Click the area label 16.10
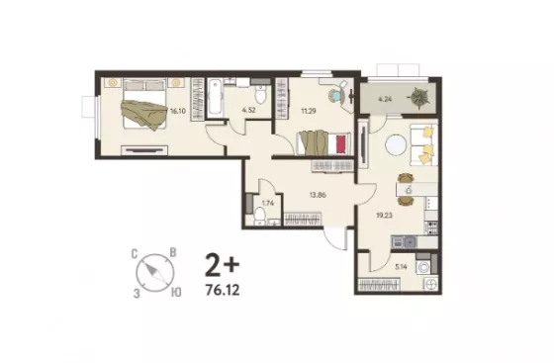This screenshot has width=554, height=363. point(178,111)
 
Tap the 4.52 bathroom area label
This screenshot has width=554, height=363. point(248,110)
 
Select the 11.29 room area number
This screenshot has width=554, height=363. point(309,111)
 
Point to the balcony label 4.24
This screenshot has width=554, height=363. point(385,99)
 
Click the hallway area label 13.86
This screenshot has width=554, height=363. point(318,195)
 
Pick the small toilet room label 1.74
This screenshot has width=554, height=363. point(267,203)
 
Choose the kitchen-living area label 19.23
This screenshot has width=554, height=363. point(385,215)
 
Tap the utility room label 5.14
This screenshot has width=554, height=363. point(401,267)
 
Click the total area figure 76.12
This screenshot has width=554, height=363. point(223,290)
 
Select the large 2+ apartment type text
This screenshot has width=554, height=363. point(223,265)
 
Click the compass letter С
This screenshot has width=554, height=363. point(135,254)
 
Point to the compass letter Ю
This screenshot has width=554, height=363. point(176,292)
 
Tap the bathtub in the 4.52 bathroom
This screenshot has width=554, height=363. point(215,98)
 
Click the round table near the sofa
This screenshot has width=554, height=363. point(396,145)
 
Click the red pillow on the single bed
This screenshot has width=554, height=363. point(340,144)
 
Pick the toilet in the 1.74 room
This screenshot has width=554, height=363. point(260,213)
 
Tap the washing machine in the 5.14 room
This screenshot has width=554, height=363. point(423,267)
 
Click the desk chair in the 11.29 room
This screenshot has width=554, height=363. point(336,95)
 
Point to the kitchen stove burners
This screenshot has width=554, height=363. point(431,227)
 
